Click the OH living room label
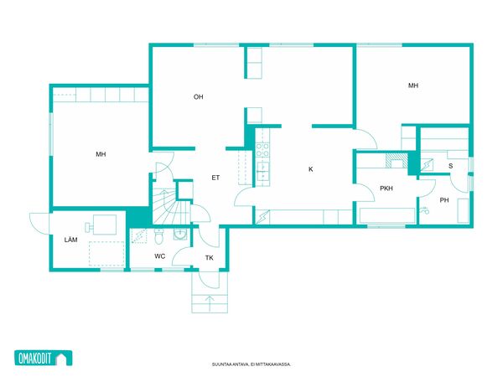[x=198, y=97]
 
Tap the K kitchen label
[x=310, y=169]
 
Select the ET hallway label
[x=215, y=178]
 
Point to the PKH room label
[x=386, y=188]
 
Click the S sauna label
[x=451, y=166]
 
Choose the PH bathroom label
[x=444, y=200]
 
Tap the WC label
[x=160, y=256]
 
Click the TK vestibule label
[x=209, y=258]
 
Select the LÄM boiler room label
[x=70, y=240]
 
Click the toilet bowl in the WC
[x=159, y=236]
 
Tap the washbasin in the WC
[x=181, y=234]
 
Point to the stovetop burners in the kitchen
[x=262, y=150]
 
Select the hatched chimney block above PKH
[x=397, y=160]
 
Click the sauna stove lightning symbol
[x=427, y=165]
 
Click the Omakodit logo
[x=44, y=358]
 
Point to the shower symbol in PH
[x=424, y=210]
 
